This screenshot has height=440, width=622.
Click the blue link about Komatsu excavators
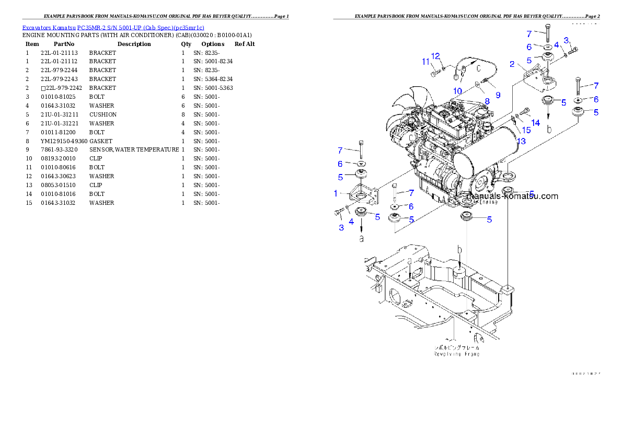click(x=113, y=27)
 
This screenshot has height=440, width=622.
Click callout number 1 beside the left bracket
click(x=336, y=193)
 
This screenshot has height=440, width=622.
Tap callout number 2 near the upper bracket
click(x=513, y=64)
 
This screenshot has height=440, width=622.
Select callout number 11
click(x=426, y=62)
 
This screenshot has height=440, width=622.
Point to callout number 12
click(x=436, y=56)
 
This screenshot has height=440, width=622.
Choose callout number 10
click(x=457, y=91)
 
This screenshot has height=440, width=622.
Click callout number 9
click(x=498, y=95)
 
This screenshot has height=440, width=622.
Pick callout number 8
click(x=486, y=101)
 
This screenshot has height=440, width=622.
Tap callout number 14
click(x=535, y=123)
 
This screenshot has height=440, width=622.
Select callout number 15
click(x=526, y=130)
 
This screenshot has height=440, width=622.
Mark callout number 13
click(x=522, y=141)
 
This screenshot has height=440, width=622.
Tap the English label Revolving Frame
click(x=456, y=354)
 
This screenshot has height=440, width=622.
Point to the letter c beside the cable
click(x=478, y=68)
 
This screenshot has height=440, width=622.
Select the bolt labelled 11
click(x=435, y=73)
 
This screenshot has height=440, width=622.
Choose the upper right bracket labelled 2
click(x=536, y=78)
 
